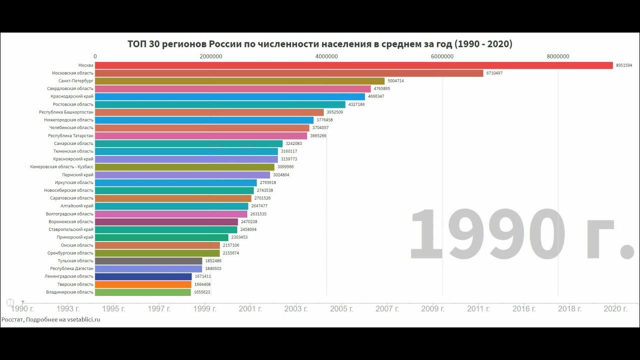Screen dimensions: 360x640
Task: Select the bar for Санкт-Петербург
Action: tap(239, 81)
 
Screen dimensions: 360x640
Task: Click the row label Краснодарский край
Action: tap(72, 96)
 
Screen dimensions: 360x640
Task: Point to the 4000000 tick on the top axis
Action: tap(326, 56)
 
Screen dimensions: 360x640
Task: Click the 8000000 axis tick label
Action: tap(557, 56)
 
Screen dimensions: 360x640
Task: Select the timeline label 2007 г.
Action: tap(387, 309)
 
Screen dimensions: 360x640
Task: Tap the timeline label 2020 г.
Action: tap(615, 309)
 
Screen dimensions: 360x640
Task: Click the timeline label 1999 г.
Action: tap(204, 309)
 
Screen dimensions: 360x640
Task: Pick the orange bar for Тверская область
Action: tap(143, 284)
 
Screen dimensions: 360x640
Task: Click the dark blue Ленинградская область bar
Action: tap(143, 276)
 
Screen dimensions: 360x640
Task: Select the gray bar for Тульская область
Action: tap(148, 261)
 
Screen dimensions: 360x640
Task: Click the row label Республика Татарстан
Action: tap(70, 135)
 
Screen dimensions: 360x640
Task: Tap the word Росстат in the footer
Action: tap(12, 319)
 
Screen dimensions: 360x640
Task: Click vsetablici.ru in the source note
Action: tap(83, 319)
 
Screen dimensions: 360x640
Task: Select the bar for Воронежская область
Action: tap(166, 221)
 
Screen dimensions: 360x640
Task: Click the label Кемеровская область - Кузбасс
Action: tap(61, 167)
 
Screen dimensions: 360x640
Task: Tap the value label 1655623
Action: tap(202, 292)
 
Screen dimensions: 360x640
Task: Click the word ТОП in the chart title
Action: tap(136, 44)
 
